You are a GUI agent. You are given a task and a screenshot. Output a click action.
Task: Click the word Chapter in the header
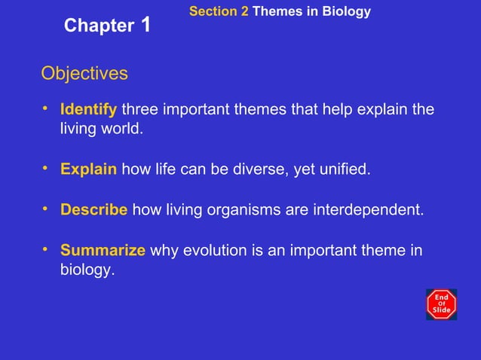[x=99, y=26]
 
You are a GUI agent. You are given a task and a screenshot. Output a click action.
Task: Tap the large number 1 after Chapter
[x=146, y=24]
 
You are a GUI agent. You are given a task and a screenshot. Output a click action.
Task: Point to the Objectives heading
[x=84, y=74]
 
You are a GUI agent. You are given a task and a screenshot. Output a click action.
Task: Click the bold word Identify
[x=88, y=110]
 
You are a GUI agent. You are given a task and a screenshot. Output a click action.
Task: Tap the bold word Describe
[x=93, y=209]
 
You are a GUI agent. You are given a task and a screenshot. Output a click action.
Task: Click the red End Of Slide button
[x=441, y=304]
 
